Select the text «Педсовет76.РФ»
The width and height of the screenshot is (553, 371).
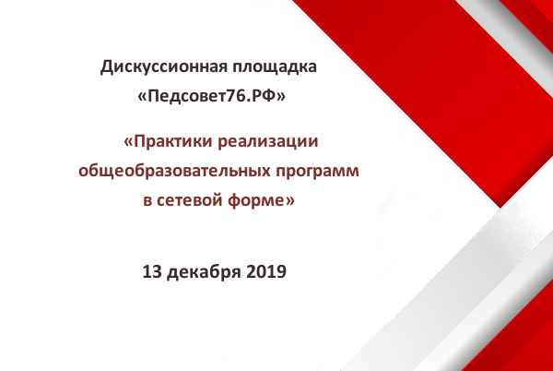point(211,96)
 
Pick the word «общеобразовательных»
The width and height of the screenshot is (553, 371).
point(174,172)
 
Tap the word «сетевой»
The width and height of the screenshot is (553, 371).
point(189,200)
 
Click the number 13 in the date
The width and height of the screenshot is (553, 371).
point(152,272)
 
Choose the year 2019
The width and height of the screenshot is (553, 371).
point(266,272)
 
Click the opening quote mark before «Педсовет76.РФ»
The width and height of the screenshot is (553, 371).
point(142,97)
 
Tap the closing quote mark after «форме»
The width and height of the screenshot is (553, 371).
point(289,201)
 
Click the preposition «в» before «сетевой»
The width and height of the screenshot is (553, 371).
point(147,201)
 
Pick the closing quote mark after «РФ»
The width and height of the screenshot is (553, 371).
point(280,97)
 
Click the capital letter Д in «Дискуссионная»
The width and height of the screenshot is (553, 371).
point(107,67)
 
